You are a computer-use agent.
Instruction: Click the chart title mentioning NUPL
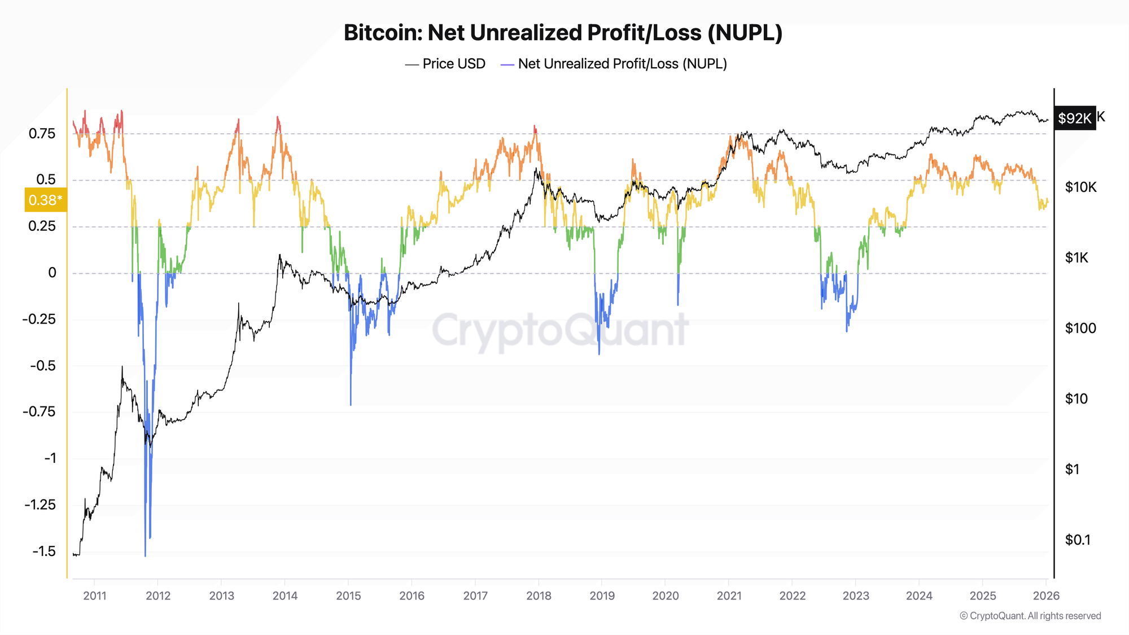563,33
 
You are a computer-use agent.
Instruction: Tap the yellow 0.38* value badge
45,200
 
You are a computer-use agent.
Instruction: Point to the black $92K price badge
1074,118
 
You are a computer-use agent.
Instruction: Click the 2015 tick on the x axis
348,595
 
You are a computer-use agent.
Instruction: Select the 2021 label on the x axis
729,595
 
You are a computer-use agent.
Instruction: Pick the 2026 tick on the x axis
1046,595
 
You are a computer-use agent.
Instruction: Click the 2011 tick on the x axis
94,595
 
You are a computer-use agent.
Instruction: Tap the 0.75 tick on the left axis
42,134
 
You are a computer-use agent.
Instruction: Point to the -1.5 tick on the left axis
44,551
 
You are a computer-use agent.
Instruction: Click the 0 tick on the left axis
52,273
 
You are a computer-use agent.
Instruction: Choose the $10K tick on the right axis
1080,187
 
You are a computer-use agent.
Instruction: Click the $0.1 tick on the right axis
1078,540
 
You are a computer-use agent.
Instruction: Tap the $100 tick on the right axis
1080,328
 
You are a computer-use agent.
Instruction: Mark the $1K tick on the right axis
1077,258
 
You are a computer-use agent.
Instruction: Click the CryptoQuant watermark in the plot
560,330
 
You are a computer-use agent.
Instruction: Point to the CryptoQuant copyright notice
1030,616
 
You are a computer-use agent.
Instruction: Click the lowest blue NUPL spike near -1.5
145,555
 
